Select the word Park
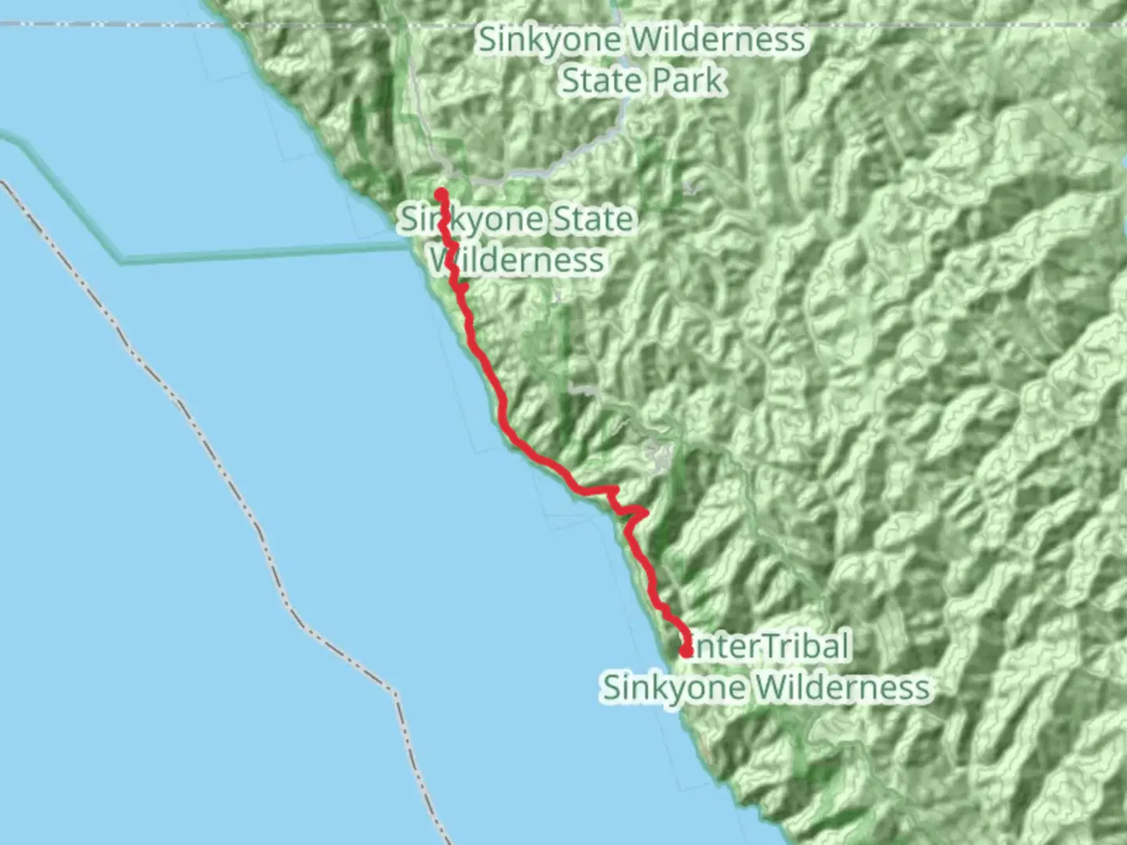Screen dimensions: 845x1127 (683, 81)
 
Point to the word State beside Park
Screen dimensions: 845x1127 (601, 81)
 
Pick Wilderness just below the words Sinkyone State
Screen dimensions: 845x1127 (518, 260)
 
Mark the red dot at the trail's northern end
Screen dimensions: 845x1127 (441, 193)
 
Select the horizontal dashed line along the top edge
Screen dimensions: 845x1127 (117, 24)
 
